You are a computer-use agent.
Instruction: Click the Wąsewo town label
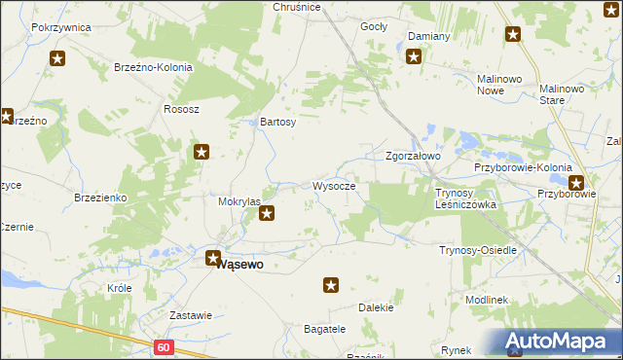(x=242, y=263)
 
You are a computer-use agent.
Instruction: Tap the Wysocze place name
(x=334, y=186)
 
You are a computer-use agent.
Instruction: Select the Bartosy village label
(x=277, y=123)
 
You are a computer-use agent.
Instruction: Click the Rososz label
(x=181, y=109)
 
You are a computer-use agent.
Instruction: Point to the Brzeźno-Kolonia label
(x=154, y=68)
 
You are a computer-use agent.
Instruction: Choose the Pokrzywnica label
(x=61, y=27)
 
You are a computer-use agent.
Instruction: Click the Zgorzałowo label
(x=414, y=156)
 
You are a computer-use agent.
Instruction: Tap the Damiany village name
(x=428, y=36)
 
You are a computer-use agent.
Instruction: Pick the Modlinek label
(x=488, y=300)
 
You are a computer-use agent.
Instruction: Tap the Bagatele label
(x=325, y=329)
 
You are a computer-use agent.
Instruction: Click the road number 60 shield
(x=163, y=346)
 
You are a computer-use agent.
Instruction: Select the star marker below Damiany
(x=414, y=56)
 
